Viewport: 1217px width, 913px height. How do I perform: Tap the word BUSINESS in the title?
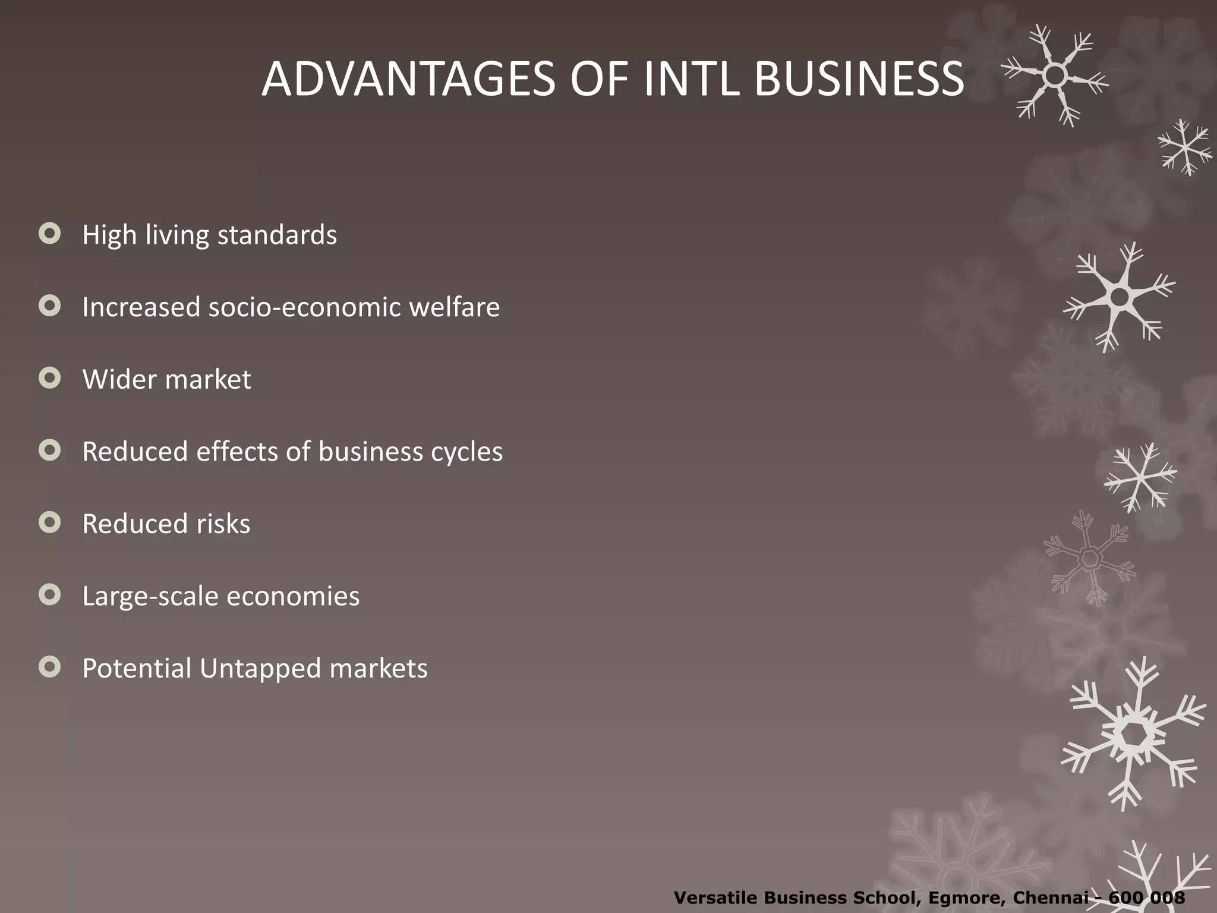[859, 79]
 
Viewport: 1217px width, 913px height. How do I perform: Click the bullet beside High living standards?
[50, 234]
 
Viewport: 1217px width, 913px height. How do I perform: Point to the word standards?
[277, 235]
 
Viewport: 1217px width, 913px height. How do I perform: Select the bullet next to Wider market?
[50, 378]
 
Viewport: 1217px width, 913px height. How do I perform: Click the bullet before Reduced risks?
[50, 522]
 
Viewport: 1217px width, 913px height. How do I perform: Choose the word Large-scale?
[150, 596]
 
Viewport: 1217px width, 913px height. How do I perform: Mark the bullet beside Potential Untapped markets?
[50, 667]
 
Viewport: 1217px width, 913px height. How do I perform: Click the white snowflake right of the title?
[1055, 75]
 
